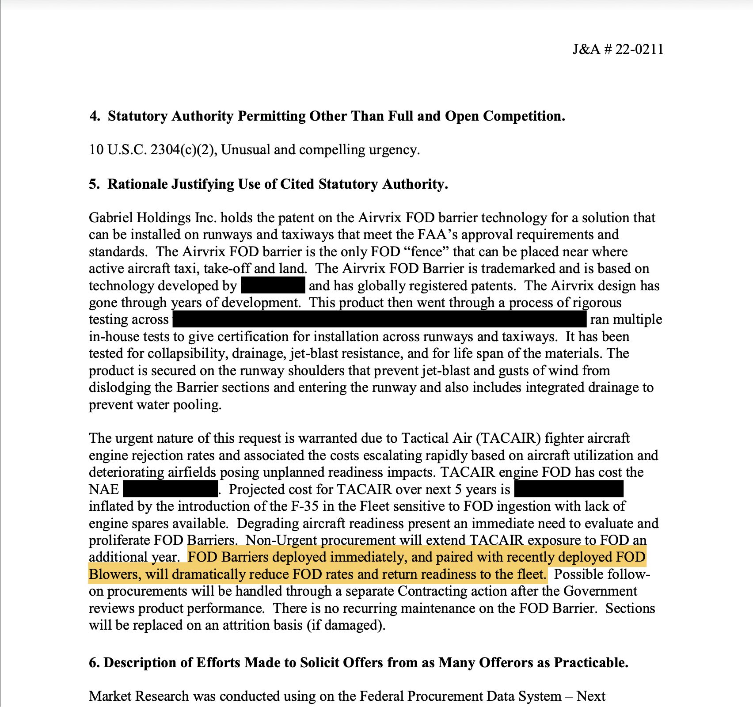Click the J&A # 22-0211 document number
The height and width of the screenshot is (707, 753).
[618, 49]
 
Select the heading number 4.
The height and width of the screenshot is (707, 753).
[94, 116]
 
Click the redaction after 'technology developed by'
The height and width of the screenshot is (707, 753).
[273, 285]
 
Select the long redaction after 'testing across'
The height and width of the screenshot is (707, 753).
[379, 319]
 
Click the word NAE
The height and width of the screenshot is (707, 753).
[104, 490]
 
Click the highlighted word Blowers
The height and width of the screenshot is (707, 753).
[114, 574]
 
